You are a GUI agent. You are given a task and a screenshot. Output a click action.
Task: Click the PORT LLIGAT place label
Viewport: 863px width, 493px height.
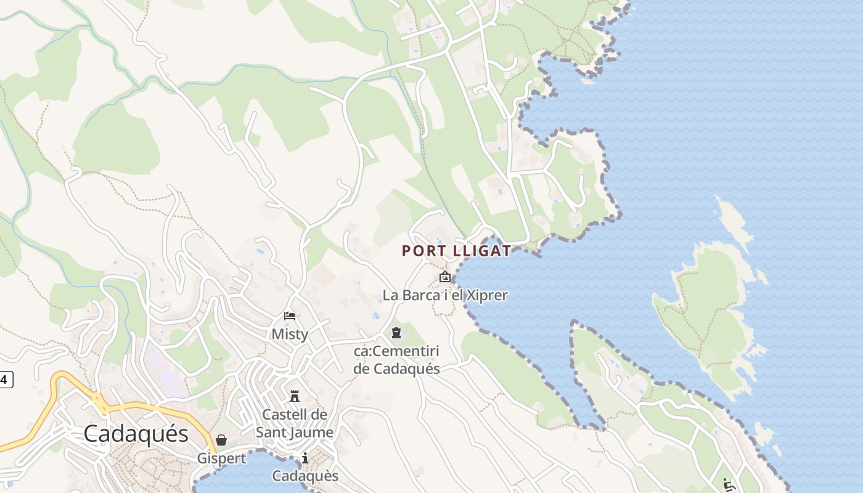pyautogui.click(x=456, y=251)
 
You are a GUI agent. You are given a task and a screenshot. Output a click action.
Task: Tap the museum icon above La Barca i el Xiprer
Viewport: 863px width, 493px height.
pyautogui.click(x=444, y=277)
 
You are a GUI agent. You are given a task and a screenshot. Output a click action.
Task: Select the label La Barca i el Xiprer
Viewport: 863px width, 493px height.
pyautogui.click(x=444, y=295)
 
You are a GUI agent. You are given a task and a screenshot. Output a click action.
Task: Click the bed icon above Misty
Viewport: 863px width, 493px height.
pyautogui.click(x=290, y=316)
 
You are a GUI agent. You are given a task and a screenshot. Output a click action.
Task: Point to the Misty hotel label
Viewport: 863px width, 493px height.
pyautogui.click(x=290, y=334)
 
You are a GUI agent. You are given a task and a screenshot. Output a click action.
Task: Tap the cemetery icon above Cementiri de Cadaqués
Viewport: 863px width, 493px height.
pyautogui.click(x=396, y=333)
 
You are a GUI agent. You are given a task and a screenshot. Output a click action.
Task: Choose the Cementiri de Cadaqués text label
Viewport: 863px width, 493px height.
pyautogui.click(x=396, y=361)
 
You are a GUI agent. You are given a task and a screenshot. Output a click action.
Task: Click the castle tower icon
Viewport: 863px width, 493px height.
pyautogui.click(x=295, y=396)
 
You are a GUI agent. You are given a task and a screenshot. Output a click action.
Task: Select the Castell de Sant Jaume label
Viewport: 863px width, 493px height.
pyautogui.click(x=295, y=423)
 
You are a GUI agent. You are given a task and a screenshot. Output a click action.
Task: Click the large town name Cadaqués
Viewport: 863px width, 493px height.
pyautogui.click(x=136, y=434)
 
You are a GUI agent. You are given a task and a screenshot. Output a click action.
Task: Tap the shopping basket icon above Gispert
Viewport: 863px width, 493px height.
pyautogui.click(x=221, y=440)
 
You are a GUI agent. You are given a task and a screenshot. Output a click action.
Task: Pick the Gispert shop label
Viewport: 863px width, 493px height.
pyautogui.click(x=221, y=458)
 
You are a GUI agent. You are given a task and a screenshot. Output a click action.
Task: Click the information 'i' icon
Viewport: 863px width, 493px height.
pyautogui.click(x=305, y=458)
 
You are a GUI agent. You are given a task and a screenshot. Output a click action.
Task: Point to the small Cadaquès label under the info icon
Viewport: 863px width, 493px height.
pyautogui.click(x=305, y=476)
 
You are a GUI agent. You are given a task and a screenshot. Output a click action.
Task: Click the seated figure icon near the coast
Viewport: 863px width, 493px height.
pyautogui.click(x=728, y=484)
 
